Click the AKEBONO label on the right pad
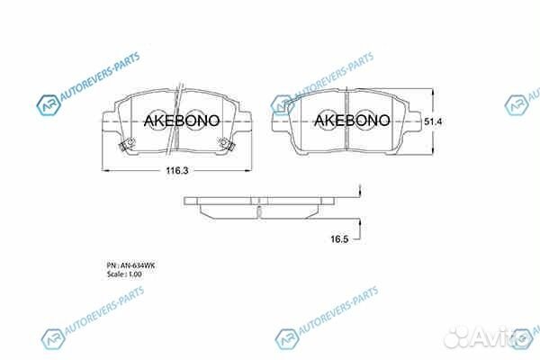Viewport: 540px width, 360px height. (351, 119)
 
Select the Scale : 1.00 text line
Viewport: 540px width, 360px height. (125, 274)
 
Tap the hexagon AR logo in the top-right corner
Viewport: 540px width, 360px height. (517, 106)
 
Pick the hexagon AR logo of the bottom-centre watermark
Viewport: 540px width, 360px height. (286, 337)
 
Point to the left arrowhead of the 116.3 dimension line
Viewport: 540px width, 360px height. (104, 169)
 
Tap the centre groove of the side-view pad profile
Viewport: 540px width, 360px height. (257, 210)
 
